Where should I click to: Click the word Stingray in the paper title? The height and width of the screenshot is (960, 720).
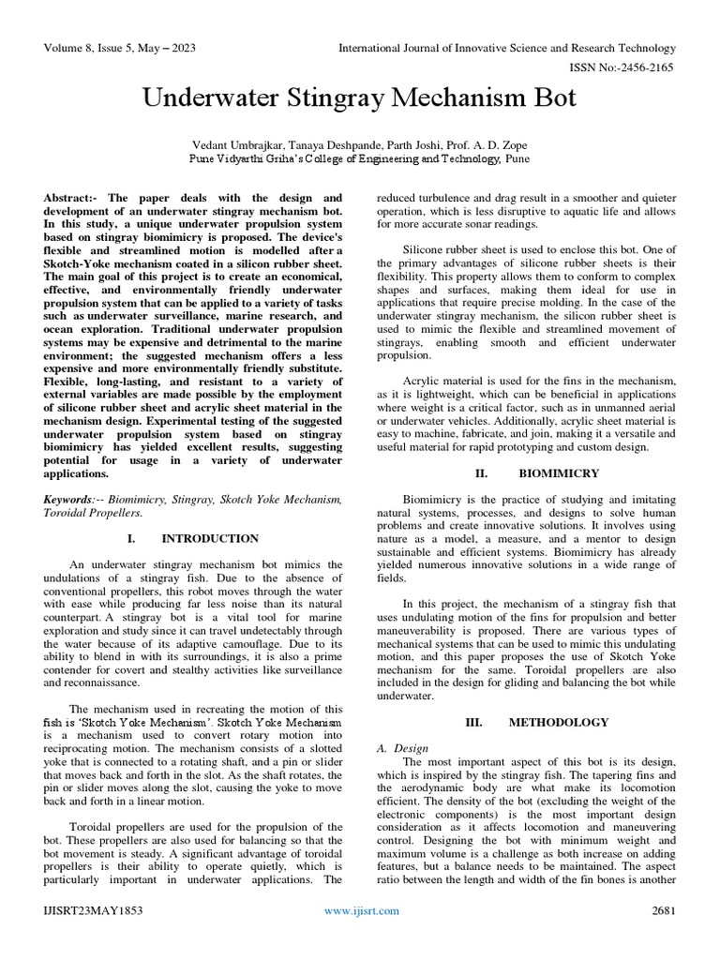pyautogui.click(x=304, y=97)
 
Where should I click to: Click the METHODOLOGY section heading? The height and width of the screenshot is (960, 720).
pyautogui.click(x=559, y=723)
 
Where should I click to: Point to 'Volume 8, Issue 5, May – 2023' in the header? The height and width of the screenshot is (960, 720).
pyautogui.click(x=120, y=48)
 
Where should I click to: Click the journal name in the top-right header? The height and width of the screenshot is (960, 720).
pyautogui.click(x=506, y=48)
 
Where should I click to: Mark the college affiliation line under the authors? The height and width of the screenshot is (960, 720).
pyautogui.click(x=360, y=159)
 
